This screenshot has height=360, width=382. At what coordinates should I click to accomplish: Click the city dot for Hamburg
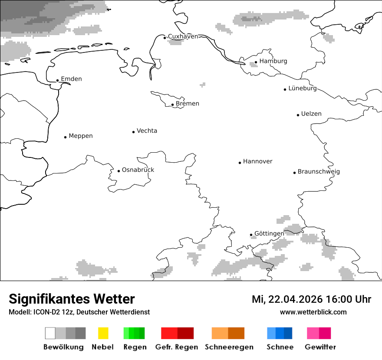256,62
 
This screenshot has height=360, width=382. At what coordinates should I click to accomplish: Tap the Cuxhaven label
183,36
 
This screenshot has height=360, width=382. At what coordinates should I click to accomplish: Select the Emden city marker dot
57,80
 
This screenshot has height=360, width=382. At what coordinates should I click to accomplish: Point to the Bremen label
188,104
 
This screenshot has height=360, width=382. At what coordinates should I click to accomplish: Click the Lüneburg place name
303,88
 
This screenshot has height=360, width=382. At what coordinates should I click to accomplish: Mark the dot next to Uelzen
298,115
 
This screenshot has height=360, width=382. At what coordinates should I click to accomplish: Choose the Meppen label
81,136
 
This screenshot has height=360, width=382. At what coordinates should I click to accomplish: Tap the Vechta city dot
133,132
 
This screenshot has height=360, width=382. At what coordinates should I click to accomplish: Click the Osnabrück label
138,170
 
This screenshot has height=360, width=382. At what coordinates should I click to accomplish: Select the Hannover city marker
240,163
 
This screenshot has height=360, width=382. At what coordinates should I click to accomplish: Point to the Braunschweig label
319,172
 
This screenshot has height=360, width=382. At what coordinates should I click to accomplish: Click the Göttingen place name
269,234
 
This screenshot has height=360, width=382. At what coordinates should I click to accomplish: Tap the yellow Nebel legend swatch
103,333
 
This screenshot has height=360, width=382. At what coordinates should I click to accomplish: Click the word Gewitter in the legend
320,347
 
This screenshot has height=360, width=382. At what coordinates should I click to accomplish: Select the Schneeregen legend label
229,347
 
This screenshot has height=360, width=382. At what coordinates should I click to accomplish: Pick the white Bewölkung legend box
50,333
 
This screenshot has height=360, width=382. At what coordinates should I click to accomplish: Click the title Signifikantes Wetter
72,299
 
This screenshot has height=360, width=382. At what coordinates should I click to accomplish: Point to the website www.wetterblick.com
313,312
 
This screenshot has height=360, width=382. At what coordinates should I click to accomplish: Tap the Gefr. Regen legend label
177,347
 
